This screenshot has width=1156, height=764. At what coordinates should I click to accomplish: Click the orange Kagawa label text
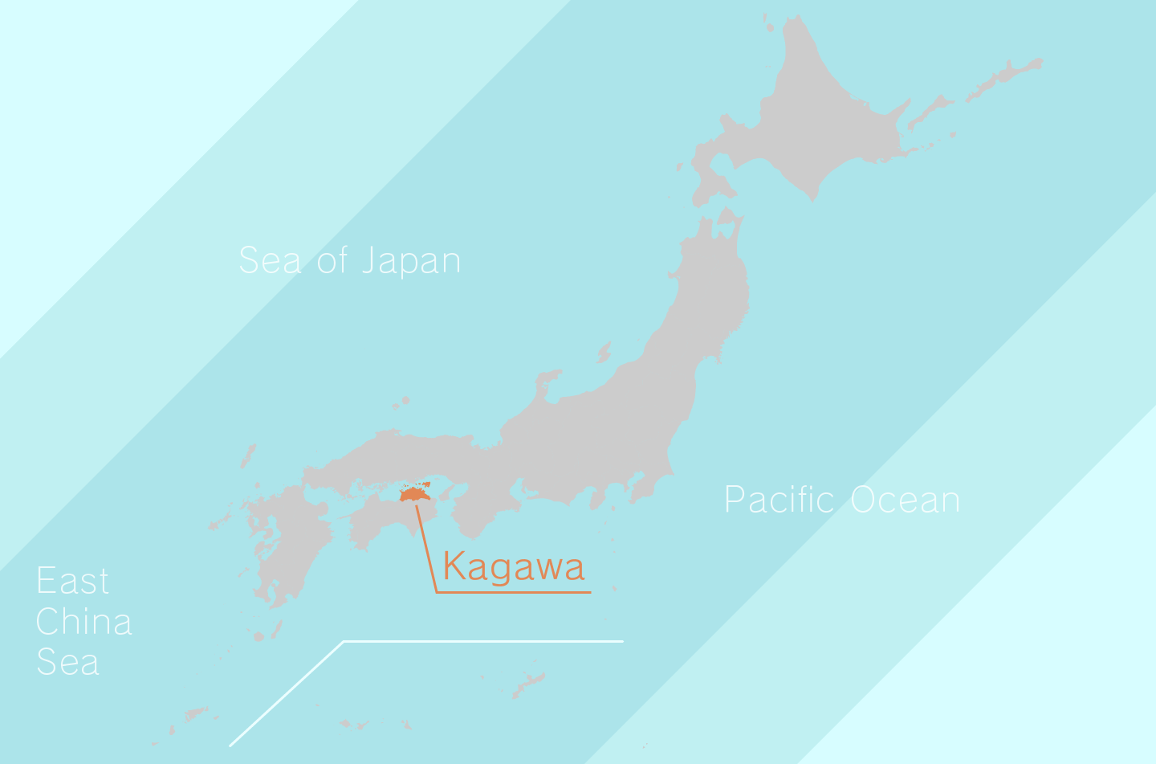[x=513, y=567]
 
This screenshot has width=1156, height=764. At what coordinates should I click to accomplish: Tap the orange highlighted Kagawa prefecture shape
[x=414, y=493]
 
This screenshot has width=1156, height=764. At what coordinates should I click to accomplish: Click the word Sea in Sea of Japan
[x=270, y=261]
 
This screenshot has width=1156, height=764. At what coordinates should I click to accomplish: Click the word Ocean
[x=905, y=500]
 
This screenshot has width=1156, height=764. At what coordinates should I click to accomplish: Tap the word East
[x=72, y=581]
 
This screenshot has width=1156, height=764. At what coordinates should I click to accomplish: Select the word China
[x=83, y=622]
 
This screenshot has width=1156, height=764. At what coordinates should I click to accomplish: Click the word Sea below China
[x=67, y=662]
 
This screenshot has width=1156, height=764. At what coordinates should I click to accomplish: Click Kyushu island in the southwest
[x=285, y=538]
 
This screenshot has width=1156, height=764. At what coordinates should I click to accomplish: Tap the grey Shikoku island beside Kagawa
[x=377, y=522]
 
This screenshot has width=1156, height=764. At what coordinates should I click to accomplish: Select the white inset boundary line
[x=482, y=641]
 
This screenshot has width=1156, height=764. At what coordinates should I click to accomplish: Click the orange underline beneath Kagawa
[x=514, y=593]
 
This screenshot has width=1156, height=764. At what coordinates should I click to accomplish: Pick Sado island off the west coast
[x=604, y=351]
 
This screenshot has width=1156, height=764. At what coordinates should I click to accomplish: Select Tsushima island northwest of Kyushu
[x=248, y=456]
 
